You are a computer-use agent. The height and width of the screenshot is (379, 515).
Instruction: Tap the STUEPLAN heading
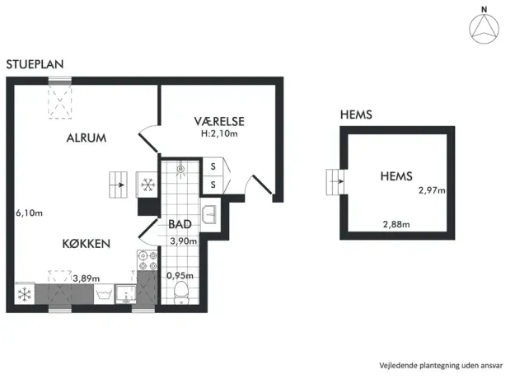(x=35, y=64)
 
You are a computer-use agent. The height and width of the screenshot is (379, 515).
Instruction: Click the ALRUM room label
(x=87, y=138)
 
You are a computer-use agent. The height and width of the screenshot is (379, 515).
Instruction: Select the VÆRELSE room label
(x=219, y=121)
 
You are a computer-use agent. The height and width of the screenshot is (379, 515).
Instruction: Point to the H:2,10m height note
(x=219, y=133)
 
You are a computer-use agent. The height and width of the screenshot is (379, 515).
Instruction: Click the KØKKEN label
(x=86, y=244)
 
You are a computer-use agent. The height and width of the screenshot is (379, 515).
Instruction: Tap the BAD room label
(x=180, y=224)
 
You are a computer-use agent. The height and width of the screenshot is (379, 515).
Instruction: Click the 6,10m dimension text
(x=29, y=213)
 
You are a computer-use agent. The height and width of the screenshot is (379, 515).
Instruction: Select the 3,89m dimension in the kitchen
(x=86, y=278)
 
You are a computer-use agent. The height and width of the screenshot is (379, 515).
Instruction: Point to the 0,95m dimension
(x=180, y=275)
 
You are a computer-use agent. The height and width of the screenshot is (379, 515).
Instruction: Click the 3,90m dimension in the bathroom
(x=184, y=241)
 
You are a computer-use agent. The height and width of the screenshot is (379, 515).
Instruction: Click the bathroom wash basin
(x=209, y=214)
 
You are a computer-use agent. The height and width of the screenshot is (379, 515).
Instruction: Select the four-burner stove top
(x=147, y=260)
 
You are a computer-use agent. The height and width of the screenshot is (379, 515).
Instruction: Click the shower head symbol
(x=180, y=170)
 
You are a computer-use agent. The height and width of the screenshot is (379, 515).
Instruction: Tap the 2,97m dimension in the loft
(x=432, y=190)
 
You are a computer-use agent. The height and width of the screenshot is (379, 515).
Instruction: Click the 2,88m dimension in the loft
(x=396, y=225)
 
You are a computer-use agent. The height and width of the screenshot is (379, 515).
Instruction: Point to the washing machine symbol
(x=104, y=294)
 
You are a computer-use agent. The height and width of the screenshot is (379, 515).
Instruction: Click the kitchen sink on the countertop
(x=126, y=294)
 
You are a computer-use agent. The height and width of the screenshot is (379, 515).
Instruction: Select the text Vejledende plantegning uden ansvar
(x=441, y=366)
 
